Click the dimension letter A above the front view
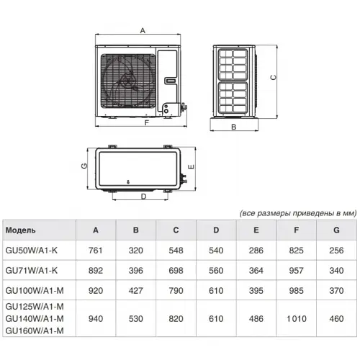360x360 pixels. pyautogui.click(x=143, y=30)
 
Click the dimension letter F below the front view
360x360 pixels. pyautogui.click(x=146, y=123)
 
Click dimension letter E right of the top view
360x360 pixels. pyautogui.click(x=190, y=166)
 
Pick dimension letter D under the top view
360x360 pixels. pyautogui.click(x=143, y=196)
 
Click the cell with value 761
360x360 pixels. pyautogui.click(x=96, y=251)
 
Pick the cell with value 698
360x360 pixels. pyautogui.click(x=176, y=270)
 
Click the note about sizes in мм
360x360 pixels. pyautogui.click(x=297, y=214)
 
